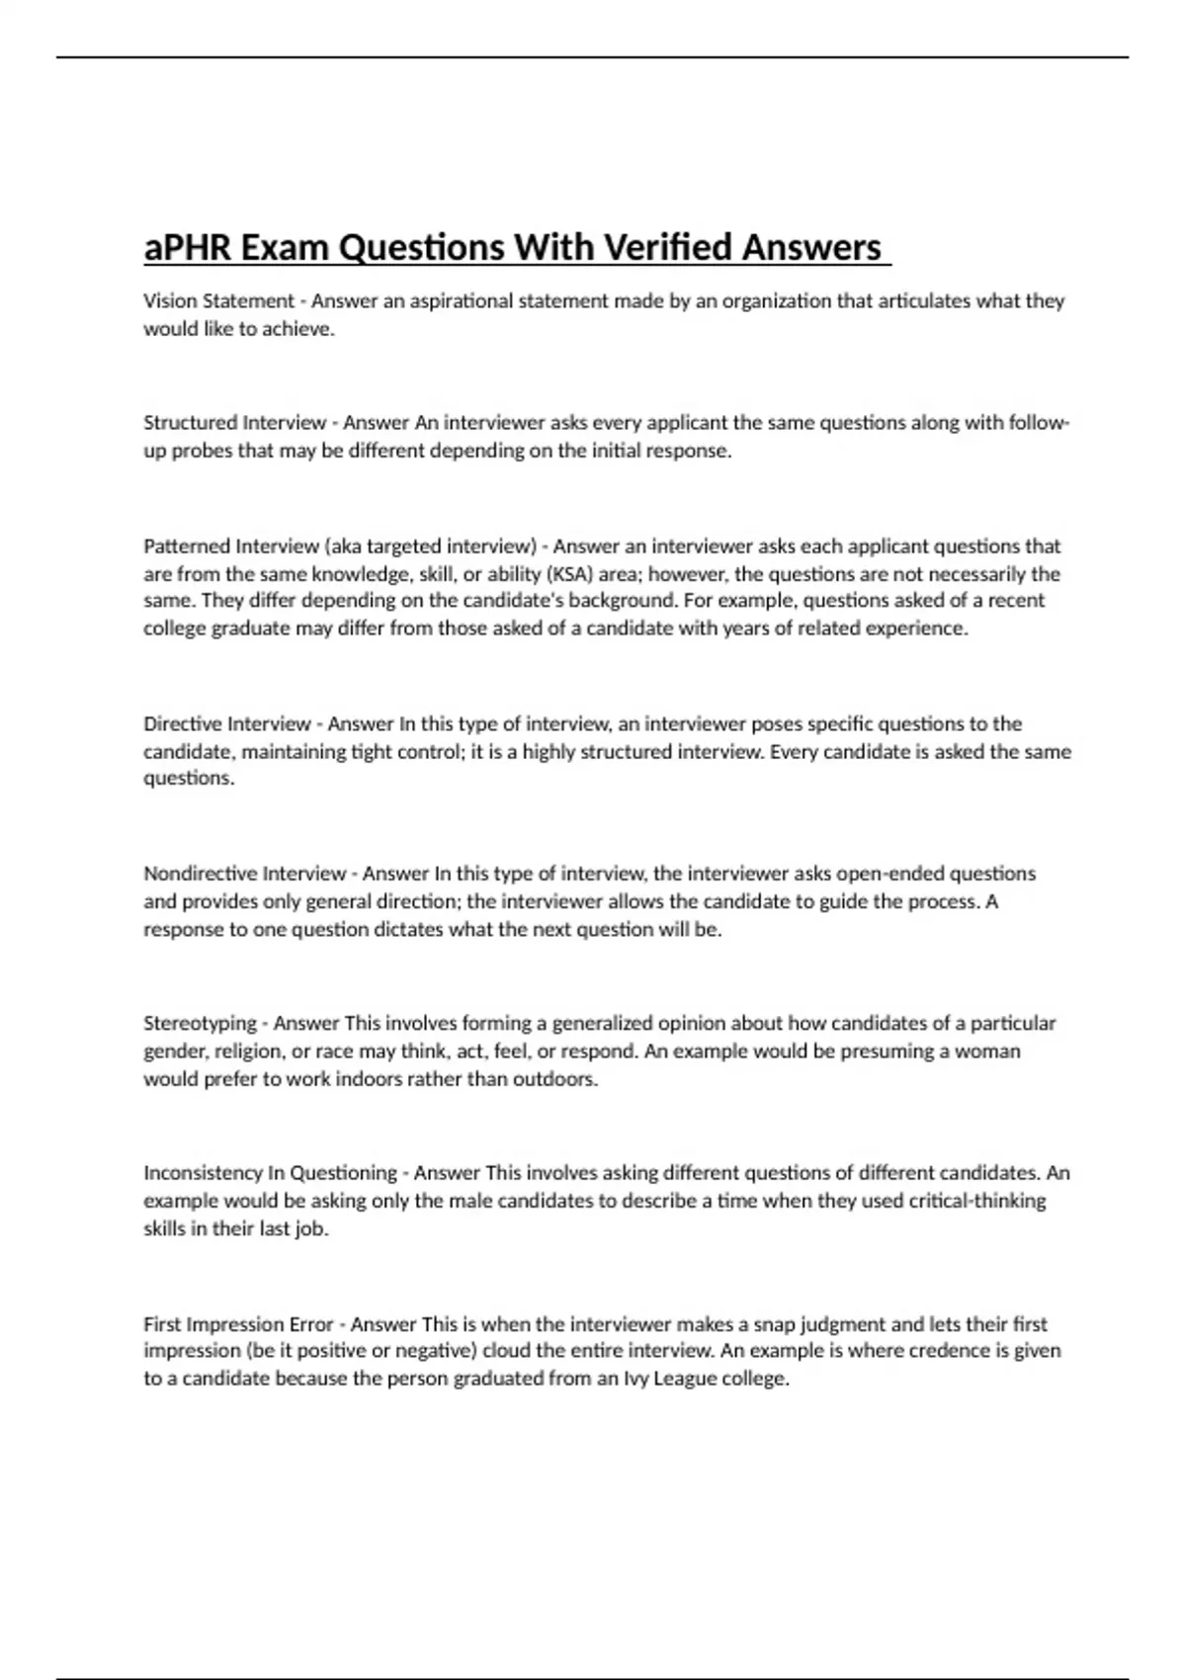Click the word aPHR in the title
pos(188,247)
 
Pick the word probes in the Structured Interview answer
pos(202,451)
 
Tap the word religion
pos(253,1050)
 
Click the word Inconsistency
pos(204,1173)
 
